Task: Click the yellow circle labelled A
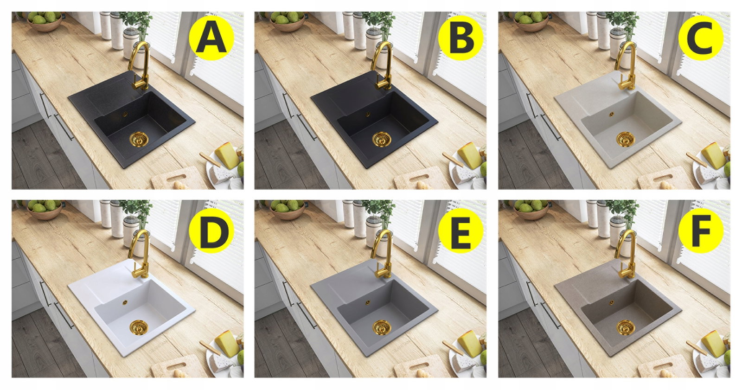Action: pos(211,38)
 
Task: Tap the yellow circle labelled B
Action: pos(461,38)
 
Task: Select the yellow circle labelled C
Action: pos(701,38)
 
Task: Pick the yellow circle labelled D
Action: pos(211,230)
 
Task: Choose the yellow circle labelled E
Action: pos(461,230)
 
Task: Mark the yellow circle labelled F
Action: pos(701,230)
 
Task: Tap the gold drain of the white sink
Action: pos(139,327)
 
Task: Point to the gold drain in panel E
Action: pos(382,327)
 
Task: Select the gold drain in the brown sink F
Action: pos(626,327)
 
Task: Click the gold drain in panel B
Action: pos(382,139)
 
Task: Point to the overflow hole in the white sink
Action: pos(125,302)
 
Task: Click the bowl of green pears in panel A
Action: pos(45,21)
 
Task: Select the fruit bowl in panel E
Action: pos(287,210)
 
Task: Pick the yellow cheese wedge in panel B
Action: pos(470,155)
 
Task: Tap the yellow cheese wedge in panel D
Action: pos(227,344)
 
